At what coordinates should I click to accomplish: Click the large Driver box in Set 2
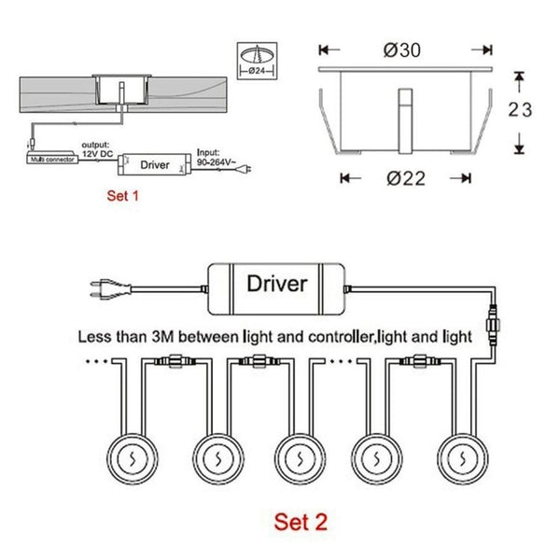click(275, 283)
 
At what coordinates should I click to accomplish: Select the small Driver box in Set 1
click(154, 165)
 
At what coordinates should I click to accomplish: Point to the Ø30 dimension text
click(405, 49)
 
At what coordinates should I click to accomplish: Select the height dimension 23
click(521, 110)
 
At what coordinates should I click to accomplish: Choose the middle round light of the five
click(297, 458)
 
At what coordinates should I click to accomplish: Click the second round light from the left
click(216, 458)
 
